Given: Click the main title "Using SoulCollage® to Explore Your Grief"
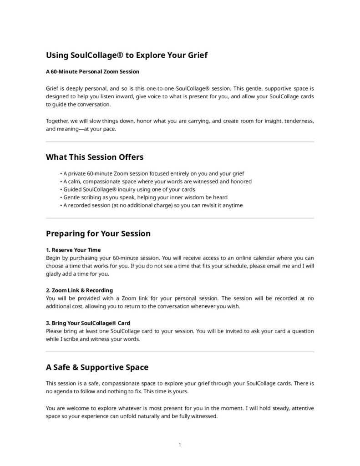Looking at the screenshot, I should [127, 56].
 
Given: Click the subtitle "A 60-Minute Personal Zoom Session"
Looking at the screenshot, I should [92, 72].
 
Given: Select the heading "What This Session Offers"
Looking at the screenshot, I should [95, 157].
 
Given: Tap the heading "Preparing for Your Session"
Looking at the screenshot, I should [98, 233].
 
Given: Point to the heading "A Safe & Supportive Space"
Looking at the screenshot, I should [97, 367].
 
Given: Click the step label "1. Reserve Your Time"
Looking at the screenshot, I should [73, 250].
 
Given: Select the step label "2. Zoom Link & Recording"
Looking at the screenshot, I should [79, 290].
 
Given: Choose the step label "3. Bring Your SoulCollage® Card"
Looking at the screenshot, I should [88, 323].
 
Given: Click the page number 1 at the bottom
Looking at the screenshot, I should [180, 445].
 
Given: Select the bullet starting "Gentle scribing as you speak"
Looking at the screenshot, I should [145, 197].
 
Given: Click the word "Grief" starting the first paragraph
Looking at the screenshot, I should [52, 88].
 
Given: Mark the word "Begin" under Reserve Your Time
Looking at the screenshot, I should [53, 258].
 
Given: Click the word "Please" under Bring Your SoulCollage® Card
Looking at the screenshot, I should [54, 331].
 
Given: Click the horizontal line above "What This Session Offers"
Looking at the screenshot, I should [180, 142].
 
